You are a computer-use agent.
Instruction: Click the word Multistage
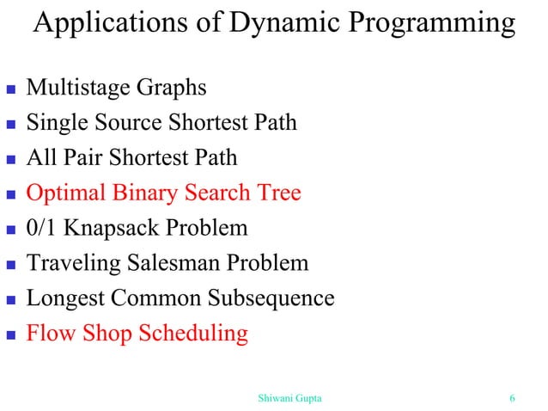(76, 89)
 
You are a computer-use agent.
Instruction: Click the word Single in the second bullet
(54, 124)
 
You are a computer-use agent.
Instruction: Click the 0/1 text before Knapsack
(42, 228)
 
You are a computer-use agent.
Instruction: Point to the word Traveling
(70, 264)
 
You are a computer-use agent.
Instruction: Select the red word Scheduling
(193, 334)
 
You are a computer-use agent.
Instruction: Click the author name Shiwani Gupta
(290, 397)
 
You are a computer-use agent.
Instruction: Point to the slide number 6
(512, 397)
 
